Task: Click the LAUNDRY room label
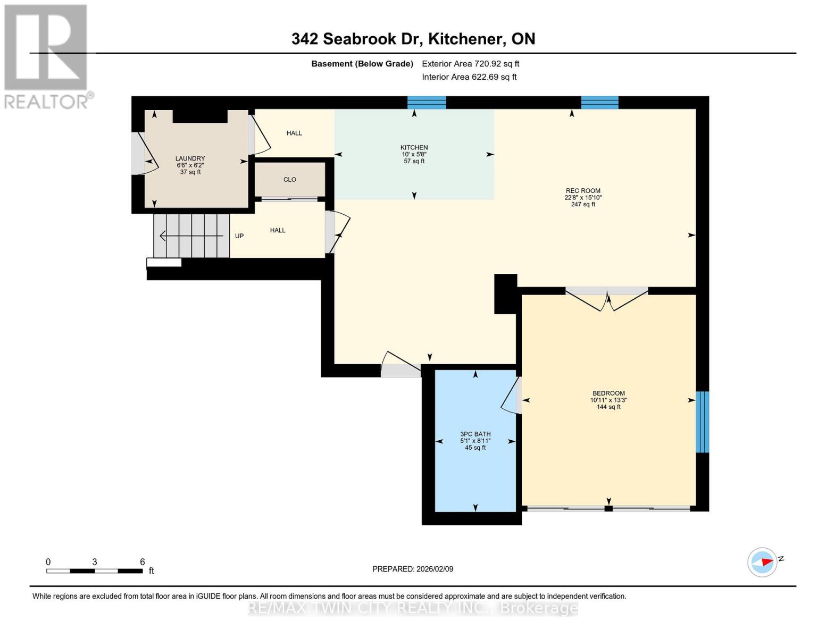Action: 190,158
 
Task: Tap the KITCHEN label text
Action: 414,148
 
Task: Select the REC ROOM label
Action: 582,191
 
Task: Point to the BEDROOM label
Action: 608,393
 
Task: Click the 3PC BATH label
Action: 475,434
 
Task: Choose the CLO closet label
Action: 289,180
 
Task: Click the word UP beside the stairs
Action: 239,236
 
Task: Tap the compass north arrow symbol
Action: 763,562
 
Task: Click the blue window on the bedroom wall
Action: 702,422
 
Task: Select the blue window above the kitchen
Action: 427,103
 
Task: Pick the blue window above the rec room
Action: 599,103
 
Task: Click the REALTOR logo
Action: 47,56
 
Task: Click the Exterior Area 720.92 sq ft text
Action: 470,64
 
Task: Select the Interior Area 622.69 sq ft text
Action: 469,77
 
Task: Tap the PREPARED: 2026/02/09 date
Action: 413,569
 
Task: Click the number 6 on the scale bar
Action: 142,562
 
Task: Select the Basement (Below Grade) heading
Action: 362,64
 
